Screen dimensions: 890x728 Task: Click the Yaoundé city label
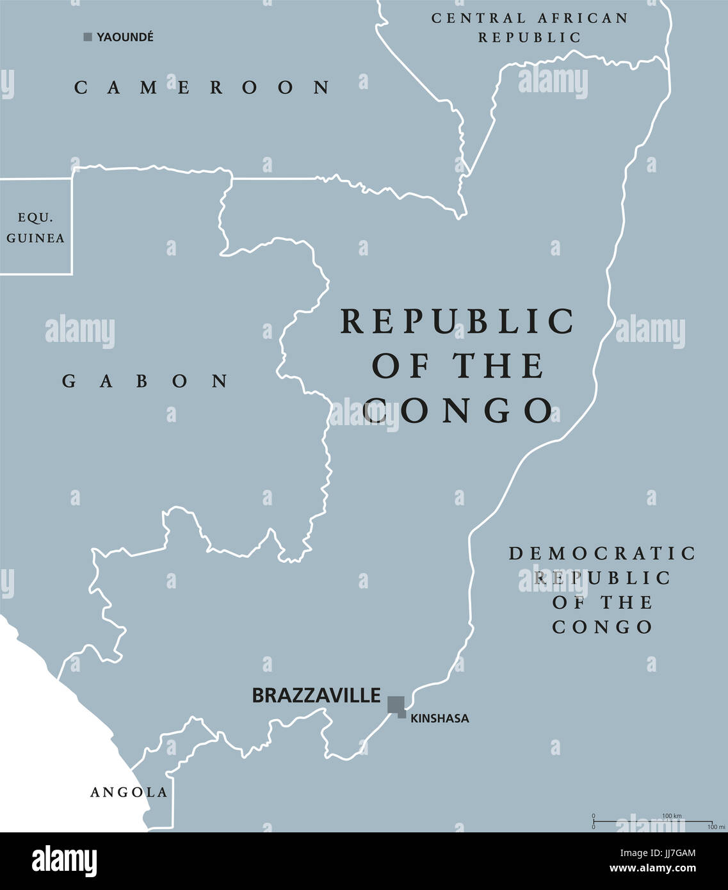pos(125,37)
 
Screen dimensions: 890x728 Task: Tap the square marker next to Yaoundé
pos(88,37)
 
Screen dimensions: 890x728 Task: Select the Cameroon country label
pos(202,87)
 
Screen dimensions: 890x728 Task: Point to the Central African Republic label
pos(530,28)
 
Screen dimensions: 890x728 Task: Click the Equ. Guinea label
pos(35,228)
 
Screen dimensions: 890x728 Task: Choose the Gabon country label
pos(145,382)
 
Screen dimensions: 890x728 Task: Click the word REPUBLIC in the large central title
pos(457,321)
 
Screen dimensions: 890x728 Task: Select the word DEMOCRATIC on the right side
pos(602,553)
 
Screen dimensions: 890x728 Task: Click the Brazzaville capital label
pos(316,695)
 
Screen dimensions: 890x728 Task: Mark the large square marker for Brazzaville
pos(395,704)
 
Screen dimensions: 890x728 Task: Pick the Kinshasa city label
pos(439,718)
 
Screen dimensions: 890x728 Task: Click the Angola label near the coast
pos(129,793)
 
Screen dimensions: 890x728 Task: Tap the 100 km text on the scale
pos(671,815)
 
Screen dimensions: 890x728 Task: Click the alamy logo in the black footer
pos(64,861)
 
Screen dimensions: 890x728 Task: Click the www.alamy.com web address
pos(652,869)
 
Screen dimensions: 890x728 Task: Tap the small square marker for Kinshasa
pos(402,715)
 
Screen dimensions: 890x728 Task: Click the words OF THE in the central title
pos(457,366)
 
